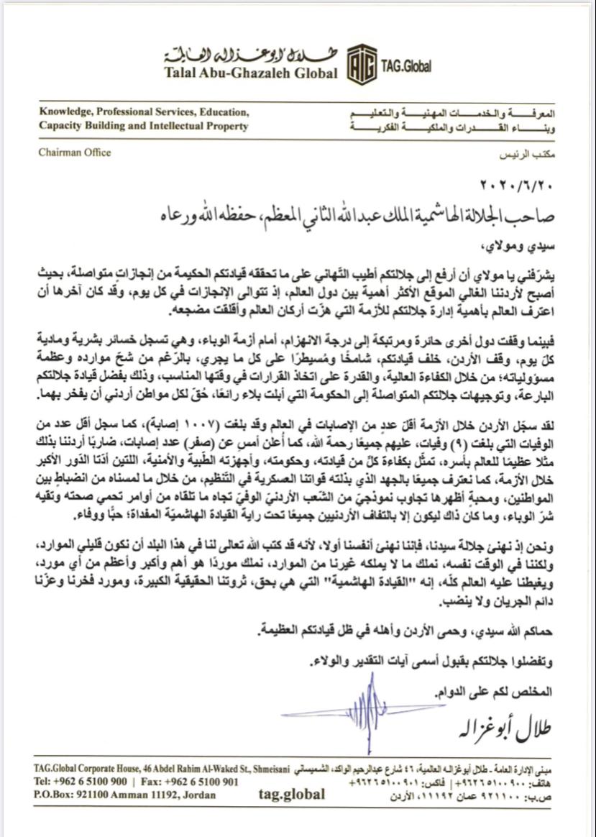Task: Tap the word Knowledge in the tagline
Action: coord(65,113)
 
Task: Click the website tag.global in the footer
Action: coord(291,794)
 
